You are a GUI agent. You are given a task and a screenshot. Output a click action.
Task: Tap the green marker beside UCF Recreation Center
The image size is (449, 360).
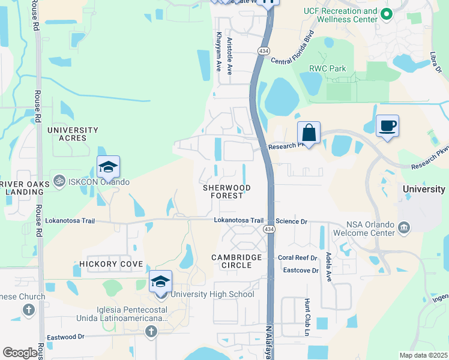click(x=387, y=13)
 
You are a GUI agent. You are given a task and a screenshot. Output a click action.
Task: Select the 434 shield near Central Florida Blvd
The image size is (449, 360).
click(x=264, y=52)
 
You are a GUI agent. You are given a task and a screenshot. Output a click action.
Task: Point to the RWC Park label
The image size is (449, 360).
click(x=327, y=68)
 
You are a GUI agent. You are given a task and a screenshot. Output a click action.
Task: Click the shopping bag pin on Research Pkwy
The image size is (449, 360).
click(x=309, y=133)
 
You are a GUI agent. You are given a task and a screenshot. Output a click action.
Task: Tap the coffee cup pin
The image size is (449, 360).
click(x=387, y=126)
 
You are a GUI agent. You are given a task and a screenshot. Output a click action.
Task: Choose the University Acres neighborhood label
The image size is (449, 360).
click(x=73, y=134)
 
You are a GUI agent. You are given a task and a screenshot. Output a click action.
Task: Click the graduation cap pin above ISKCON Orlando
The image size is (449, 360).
click(x=109, y=167)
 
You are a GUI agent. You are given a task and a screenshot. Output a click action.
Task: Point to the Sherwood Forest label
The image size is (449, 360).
click(x=227, y=191)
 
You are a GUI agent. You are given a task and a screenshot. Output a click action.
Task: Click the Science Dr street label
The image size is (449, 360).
click(x=292, y=221)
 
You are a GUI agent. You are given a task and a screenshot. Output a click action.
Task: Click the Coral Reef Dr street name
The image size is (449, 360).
click(x=297, y=258)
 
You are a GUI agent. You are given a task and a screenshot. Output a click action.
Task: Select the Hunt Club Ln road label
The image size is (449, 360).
click(x=307, y=317)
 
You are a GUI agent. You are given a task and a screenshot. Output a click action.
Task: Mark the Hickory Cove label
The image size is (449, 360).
click(x=111, y=264)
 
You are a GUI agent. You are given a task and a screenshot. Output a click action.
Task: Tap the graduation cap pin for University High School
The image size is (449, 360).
click(x=161, y=281)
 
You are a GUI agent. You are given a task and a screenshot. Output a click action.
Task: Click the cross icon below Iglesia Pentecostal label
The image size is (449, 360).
click(x=151, y=331)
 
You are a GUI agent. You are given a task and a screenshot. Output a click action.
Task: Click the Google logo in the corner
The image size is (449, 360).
click(x=20, y=353)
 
